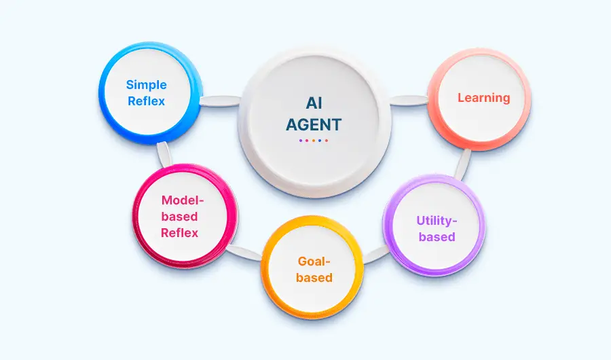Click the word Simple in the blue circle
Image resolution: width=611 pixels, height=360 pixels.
(146, 85)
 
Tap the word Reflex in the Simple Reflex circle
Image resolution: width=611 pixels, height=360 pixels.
(146, 101)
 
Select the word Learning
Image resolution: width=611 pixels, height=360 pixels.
(483, 98)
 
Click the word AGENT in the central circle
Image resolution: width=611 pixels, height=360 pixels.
(314, 125)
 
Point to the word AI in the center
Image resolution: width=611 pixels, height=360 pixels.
(314, 103)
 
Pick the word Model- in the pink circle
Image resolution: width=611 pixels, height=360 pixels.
(183, 200)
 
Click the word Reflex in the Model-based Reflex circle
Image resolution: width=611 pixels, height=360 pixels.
(180, 233)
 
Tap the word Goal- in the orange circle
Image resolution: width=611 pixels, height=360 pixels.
(314, 262)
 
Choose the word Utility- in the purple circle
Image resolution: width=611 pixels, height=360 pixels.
(437, 221)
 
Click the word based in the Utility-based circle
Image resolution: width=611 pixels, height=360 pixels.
(437, 237)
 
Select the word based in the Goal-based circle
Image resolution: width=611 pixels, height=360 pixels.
(314, 277)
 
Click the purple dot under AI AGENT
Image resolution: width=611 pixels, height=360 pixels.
(301, 141)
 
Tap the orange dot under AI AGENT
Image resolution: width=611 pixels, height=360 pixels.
(314, 141)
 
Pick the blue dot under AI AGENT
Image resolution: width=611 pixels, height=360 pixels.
(320, 141)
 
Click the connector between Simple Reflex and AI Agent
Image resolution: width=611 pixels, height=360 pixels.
(220, 101)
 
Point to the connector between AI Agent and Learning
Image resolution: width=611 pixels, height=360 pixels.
(409, 101)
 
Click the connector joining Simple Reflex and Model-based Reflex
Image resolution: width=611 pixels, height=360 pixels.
(164, 154)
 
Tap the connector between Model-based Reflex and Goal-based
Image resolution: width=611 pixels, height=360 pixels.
(244, 253)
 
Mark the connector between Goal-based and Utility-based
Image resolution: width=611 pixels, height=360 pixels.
(375, 255)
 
